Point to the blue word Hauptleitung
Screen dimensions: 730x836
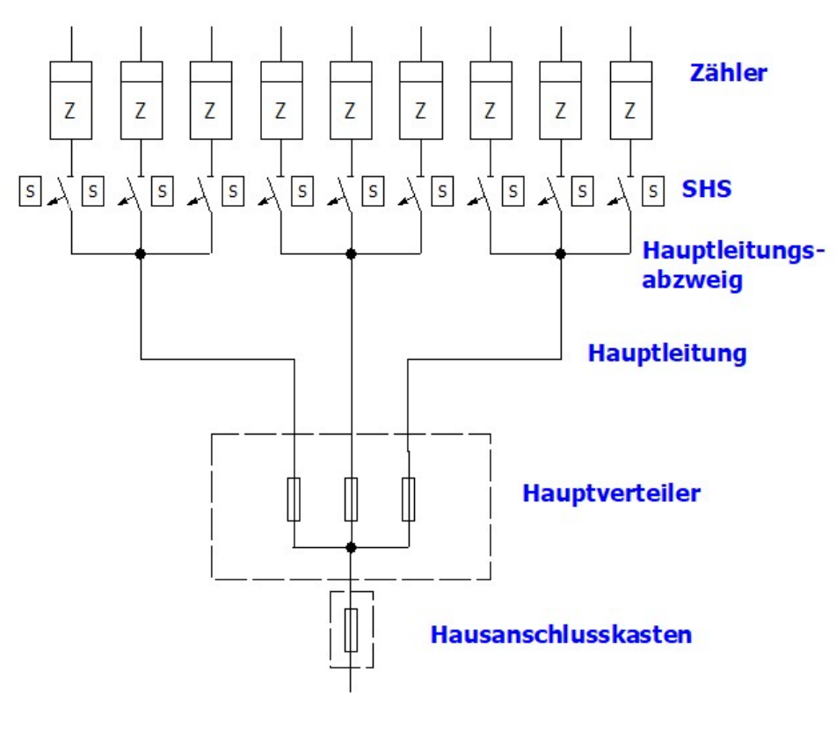666,354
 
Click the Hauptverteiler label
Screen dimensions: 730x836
611,493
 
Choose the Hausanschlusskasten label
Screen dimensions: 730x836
560,632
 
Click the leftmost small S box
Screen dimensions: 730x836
30,189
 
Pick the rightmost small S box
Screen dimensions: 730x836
652,189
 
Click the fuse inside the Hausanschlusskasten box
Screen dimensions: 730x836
351,630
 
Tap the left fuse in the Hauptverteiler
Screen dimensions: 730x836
294,500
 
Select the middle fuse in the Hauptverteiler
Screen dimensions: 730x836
351,500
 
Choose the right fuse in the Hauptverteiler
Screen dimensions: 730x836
408,500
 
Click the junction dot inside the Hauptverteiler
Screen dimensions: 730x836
351,547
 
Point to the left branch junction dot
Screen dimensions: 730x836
141,254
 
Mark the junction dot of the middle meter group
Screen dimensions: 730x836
351,254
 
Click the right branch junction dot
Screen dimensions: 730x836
561,254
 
